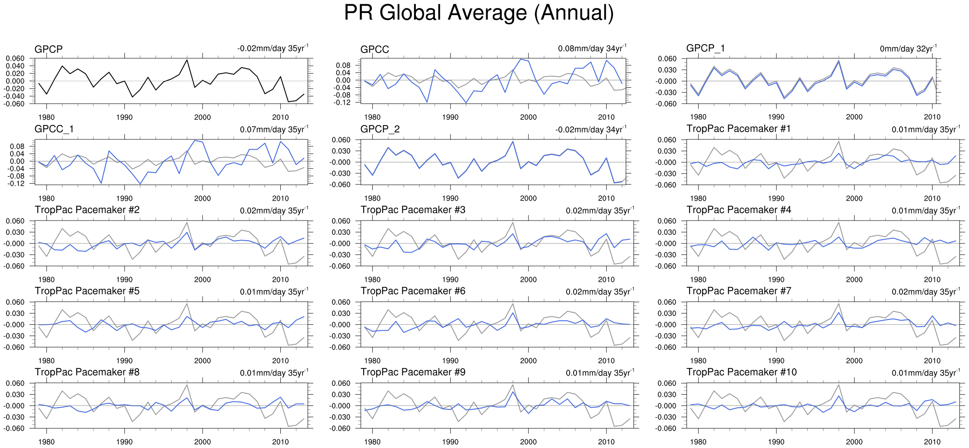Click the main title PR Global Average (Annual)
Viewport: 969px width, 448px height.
[479, 13]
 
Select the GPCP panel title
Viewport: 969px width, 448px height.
[48, 49]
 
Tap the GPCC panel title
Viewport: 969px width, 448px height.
[374, 49]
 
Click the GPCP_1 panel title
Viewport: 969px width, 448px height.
[705, 48]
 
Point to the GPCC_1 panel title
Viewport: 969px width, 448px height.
[54, 129]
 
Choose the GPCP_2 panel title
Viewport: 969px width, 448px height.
[380, 129]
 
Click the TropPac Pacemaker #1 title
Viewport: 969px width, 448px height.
[738, 129]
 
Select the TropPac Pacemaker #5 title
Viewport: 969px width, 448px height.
[87, 291]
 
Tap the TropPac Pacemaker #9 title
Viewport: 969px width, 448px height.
[413, 372]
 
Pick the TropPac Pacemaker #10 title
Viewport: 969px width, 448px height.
[741, 372]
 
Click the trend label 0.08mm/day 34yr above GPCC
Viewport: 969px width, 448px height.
[592, 48]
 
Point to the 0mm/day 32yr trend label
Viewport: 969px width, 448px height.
[908, 49]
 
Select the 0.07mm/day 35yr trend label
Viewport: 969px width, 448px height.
[274, 129]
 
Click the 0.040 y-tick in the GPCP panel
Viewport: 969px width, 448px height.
[15, 66]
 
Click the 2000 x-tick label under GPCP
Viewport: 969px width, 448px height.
[202, 117]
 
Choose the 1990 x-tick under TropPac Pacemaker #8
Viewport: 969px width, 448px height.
[124, 442]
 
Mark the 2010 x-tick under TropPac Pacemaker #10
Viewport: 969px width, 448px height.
[932, 442]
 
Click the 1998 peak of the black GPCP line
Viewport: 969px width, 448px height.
[187, 60]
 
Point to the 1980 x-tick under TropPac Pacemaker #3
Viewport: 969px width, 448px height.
[372, 280]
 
